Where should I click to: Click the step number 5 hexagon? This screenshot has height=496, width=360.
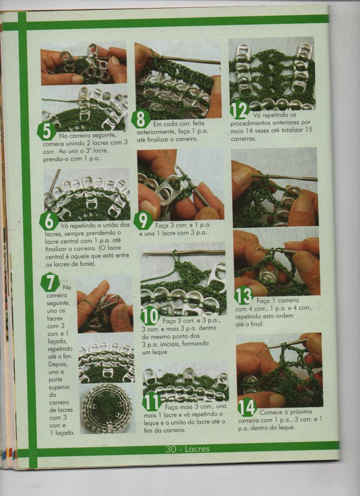(47, 131)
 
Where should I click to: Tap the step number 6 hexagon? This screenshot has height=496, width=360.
(49, 221)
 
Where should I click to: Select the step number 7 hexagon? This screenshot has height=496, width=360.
(50, 282)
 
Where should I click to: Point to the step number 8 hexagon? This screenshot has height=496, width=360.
(141, 119)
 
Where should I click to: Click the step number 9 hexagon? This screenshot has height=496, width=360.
(143, 220)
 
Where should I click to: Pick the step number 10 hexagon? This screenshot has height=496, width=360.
(150, 315)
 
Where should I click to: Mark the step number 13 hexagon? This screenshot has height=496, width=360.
(244, 295)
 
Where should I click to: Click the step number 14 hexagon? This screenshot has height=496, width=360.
(247, 407)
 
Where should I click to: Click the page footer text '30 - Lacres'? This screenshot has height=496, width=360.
(188, 449)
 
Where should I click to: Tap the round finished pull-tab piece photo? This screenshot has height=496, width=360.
(107, 408)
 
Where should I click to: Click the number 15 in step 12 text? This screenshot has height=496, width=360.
(309, 130)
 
